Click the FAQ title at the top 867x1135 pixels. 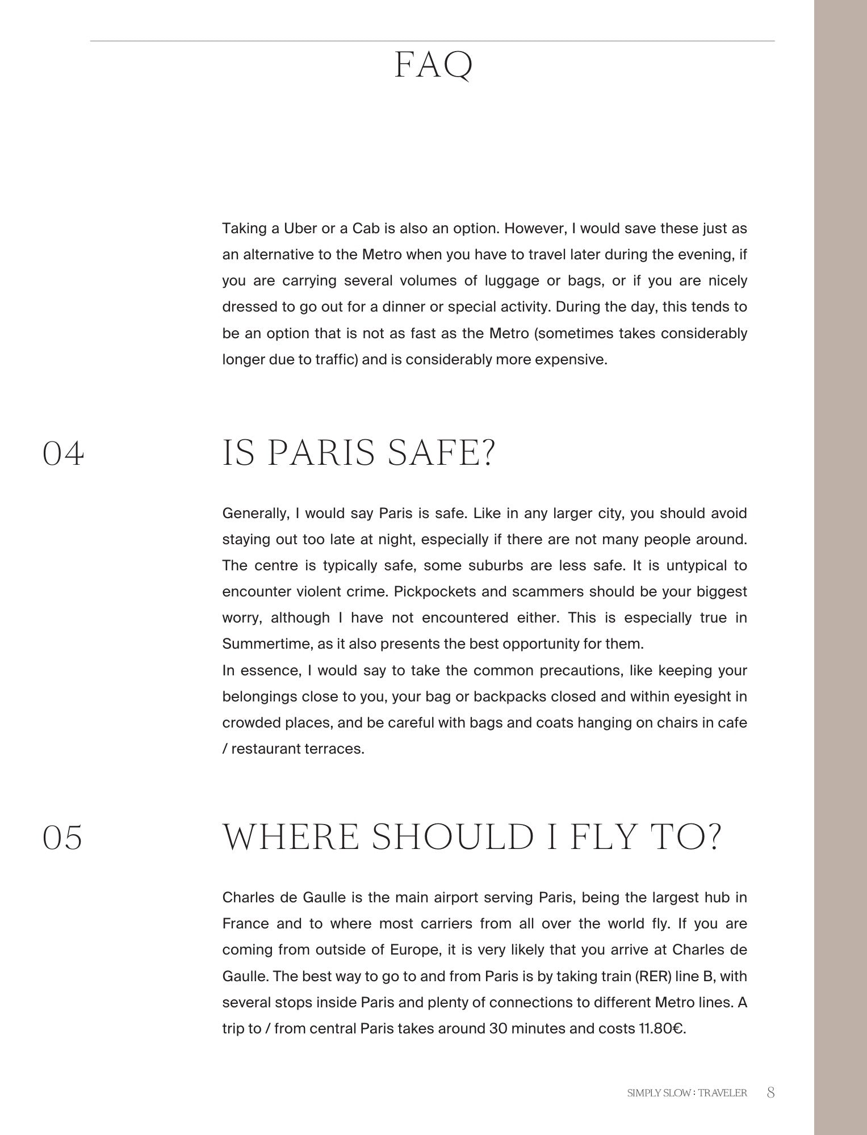(433, 66)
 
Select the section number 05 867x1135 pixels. (62, 838)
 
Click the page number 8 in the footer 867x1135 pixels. (770, 1092)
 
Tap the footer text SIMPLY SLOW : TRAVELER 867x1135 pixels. (686, 1093)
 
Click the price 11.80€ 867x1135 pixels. (662, 1029)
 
